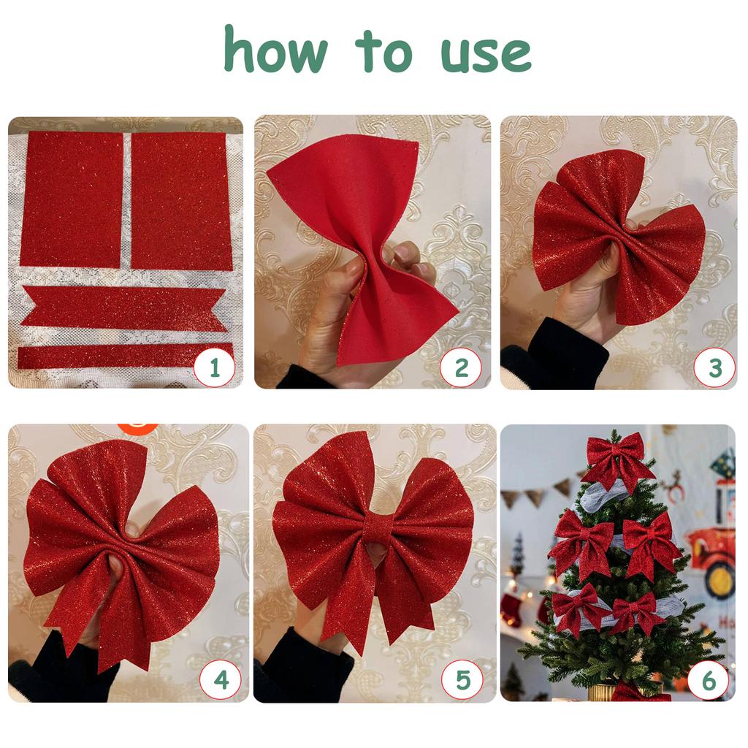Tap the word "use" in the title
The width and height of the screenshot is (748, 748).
(486, 54)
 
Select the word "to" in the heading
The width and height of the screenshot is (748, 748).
(383, 52)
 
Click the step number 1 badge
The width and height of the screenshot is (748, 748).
(215, 368)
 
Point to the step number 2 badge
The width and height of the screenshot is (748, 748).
(461, 368)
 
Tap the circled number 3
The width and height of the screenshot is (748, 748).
(714, 368)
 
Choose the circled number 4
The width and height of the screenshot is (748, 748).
(221, 680)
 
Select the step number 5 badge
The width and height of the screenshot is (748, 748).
(462, 680)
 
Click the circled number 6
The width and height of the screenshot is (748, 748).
(709, 680)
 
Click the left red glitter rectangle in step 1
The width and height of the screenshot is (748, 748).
(72, 199)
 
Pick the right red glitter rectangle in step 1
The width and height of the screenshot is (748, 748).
(181, 201)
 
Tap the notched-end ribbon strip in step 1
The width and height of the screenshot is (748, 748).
(123, 308)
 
